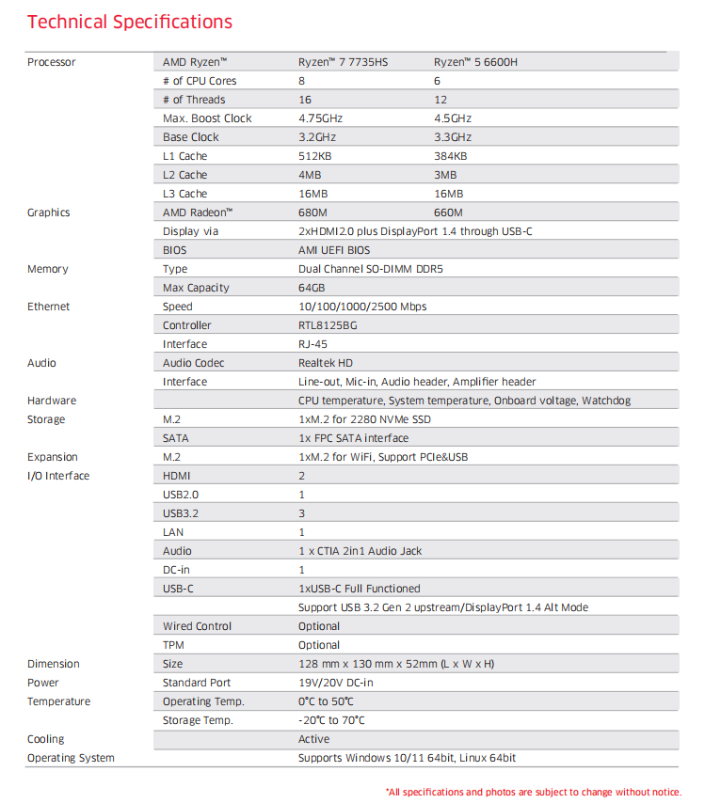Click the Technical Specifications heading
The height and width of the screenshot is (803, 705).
click(130, 22)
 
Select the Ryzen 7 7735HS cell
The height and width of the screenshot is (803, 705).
click(343, 62)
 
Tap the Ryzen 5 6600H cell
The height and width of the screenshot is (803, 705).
click(475, 62)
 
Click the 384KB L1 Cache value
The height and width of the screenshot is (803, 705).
click(450, 156)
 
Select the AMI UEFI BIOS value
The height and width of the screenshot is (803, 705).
click(334, 250)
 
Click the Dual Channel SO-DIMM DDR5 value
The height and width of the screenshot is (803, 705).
click(370, 269)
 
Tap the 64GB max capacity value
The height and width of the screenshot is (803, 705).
click(312, 288)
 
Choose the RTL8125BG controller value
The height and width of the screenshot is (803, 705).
click(328, 325)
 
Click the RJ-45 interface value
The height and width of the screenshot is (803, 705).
click(312, 344)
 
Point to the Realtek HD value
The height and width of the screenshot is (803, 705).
click(326, 363)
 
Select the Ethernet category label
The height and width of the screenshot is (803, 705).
click(48, 307)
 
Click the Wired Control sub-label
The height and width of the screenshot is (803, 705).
click(197, 626)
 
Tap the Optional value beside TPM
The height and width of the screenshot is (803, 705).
click(319, 645)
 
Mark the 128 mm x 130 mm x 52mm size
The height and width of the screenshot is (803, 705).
click(395, 664)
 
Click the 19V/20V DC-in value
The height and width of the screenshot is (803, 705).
click(335, 683)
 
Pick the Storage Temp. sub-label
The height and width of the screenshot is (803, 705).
click(198, 720)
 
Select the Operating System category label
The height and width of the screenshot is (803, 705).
click(71, 758)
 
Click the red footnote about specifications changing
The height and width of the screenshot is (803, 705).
click(533, 792)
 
